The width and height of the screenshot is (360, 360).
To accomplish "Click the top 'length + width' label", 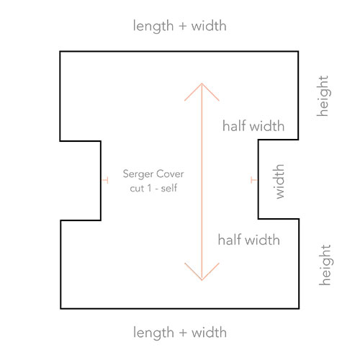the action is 179,26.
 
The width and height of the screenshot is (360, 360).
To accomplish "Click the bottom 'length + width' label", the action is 180,333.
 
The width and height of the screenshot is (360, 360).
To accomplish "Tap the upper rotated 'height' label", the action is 323,96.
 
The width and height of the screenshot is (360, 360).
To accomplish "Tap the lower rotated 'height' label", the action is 325,265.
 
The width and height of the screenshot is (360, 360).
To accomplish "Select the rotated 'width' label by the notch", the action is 279,181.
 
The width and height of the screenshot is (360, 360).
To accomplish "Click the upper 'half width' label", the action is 253,126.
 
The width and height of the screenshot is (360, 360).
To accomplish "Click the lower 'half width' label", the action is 249,240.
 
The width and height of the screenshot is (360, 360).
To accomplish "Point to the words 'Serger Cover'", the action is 153,174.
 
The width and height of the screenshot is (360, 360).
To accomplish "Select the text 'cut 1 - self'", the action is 153,189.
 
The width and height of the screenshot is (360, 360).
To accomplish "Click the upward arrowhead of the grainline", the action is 202,84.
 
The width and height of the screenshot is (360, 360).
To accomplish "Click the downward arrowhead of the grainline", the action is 202,279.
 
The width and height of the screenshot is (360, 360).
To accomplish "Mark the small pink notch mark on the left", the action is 105,180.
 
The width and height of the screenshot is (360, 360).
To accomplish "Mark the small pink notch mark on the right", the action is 254,180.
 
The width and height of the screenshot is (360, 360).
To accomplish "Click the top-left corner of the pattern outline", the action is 60,52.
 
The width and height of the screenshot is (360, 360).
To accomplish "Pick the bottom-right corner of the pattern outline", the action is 299,308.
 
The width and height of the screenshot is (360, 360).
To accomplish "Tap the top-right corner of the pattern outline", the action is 298,52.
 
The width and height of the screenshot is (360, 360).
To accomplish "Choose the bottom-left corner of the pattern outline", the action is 61,308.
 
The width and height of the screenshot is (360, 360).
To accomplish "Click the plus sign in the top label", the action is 183,27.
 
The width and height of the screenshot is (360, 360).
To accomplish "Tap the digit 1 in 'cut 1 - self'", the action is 150,189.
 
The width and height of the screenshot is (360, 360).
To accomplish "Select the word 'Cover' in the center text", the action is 171,174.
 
